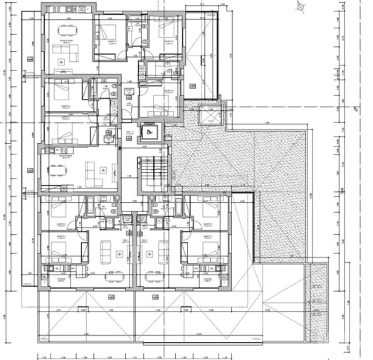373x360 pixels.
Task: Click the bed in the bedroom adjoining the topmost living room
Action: (x=107, y=32)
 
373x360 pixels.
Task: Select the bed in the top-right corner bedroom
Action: (x=166, y=29)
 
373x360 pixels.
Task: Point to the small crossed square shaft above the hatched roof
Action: (x=211, y=115)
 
